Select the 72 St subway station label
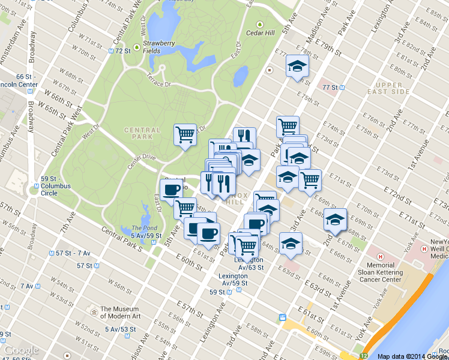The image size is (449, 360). pos(122,51)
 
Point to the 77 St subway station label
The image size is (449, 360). pos(331,88)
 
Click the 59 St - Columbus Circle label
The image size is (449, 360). pos(55,182)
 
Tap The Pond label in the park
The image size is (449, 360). pos(144,228)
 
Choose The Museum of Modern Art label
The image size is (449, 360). pos(120,313)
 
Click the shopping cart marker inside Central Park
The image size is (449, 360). pos(185,134)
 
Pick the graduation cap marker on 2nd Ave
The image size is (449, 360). pos(335,219)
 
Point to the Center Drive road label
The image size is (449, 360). pos(141,158)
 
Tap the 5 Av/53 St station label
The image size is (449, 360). pos(120,329)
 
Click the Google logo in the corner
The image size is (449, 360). pos(21,350)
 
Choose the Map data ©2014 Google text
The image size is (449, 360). pos(412,356)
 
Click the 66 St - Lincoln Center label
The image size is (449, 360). pos(18,80)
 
